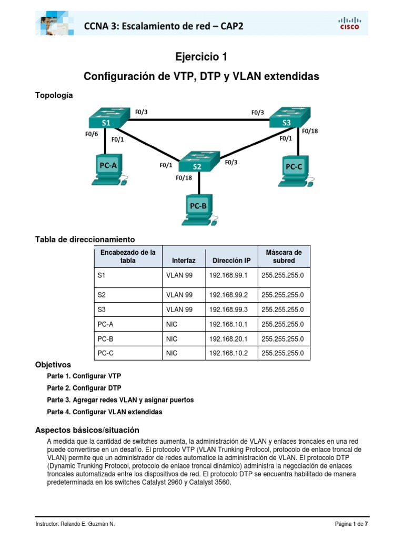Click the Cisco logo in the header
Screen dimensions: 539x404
pos(349,24)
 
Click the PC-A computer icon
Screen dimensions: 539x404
pos(108,169)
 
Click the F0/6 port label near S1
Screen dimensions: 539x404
pos(92,134)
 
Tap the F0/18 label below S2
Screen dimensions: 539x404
pos(184,178)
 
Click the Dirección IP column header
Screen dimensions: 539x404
pos(231,261)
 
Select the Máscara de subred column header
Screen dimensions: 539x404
pos(284,256)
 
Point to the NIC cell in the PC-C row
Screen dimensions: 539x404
pos(172,353)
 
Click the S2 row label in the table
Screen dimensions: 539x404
pos(102,295)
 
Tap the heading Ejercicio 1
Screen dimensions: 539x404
pos(201,57)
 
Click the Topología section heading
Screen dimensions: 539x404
pos(54,95)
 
